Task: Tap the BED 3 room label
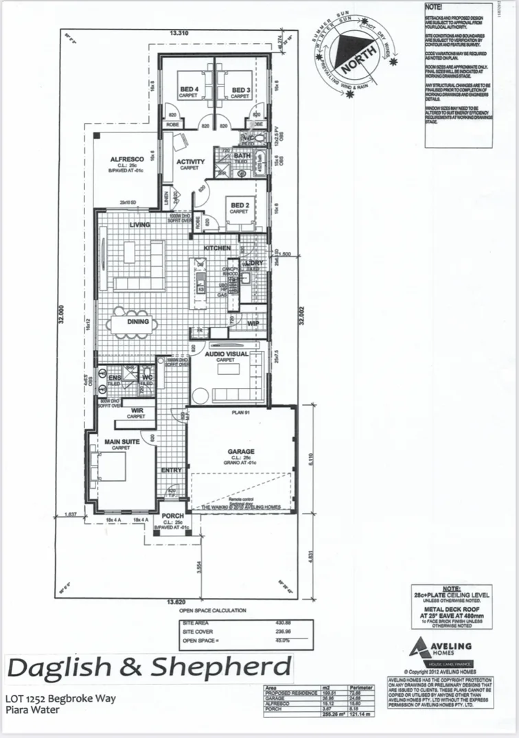(239, 90)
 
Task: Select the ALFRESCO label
(127, 159)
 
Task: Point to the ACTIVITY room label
(190, 162)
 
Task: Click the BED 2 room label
(239, 206)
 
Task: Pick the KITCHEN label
(216, 248)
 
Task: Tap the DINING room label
(139, 321)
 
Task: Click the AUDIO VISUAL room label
(225, 354)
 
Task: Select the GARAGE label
(241, 452)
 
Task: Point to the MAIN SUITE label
(121, 441)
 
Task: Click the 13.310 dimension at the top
(179, 32)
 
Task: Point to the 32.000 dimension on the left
(60, 317)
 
